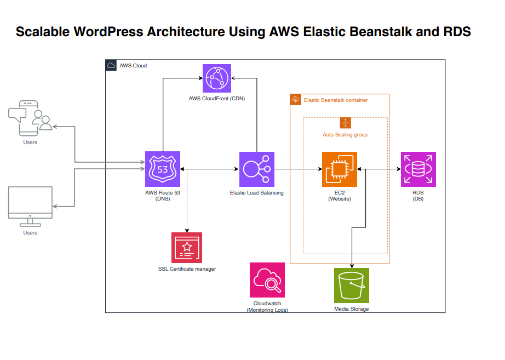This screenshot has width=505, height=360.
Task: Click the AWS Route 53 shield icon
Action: [163, 169]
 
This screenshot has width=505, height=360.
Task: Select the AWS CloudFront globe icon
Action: [217, 78]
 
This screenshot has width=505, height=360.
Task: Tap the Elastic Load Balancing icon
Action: [257, 169]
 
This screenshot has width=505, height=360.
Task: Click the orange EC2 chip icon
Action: [340, 169]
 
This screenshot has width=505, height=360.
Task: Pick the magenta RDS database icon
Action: [418, 169]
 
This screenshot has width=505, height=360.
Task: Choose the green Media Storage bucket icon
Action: [352, 285]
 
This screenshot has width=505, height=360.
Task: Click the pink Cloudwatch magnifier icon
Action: [267, 280]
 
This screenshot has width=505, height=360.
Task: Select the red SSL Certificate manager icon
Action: [187, 248]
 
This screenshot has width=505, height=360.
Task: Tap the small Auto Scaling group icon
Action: [346, 123]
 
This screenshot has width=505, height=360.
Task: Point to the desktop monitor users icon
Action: [30, 207]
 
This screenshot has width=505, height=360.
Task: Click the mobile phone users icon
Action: [30, 118]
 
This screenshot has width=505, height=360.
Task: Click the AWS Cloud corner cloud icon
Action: [111, 65]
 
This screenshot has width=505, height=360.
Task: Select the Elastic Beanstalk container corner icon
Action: [296, 100]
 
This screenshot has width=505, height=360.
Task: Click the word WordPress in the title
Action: [108, 32]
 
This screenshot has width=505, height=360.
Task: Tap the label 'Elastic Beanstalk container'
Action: [336, 100]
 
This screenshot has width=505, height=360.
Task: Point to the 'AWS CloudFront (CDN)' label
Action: [217, 99]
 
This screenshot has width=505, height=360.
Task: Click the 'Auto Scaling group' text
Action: [345, 135]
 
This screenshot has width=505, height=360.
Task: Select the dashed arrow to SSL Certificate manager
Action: [187, 201]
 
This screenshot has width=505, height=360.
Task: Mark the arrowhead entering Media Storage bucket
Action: [352, 266]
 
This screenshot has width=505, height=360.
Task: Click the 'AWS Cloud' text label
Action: [133, 66]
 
